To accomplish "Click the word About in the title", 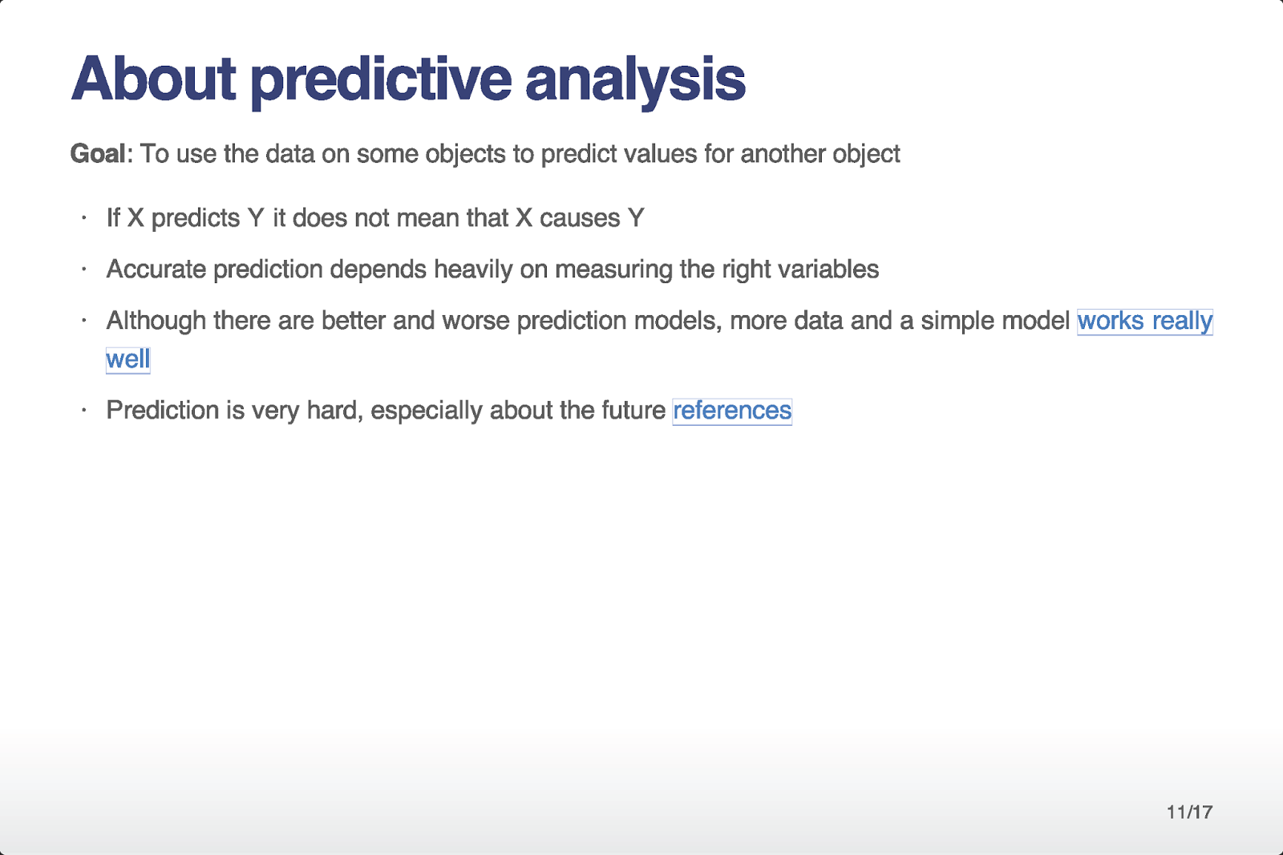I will coord(153,79).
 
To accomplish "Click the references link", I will coord(732,411).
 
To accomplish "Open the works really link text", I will coord(1144,321).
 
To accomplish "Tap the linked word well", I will coord(127,359).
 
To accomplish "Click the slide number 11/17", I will coord(1189,812).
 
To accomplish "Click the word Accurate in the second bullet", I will coord(156,269).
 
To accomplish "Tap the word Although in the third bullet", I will coord(156,321).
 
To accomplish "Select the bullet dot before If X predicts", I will coord(83,217).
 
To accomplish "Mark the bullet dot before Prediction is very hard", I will coord(83,410).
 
